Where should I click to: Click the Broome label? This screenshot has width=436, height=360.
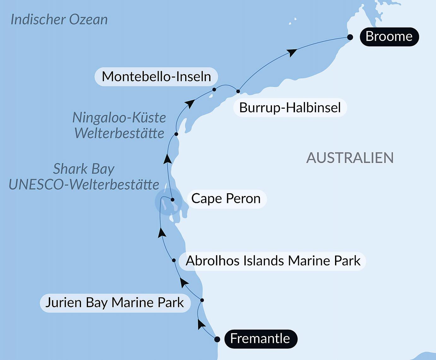click(x=389, y=37)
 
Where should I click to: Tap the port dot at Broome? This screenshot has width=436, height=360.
click(x=350, y=37)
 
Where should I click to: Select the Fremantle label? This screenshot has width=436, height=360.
click(x=260, y=339)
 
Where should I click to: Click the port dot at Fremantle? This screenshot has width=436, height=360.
click(x=217, y=339)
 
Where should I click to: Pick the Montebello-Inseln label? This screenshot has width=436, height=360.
click(x=156, y=77)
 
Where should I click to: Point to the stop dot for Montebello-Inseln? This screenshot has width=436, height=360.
click(x=214, y=90)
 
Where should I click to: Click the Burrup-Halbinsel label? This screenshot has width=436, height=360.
click(x=290, y=108)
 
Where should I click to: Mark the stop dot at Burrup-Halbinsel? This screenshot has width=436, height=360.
click(x=238, y=92)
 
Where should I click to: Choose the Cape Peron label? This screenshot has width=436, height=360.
click(x=226, y=199)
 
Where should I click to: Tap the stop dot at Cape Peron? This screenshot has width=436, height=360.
click(x=173, y=200)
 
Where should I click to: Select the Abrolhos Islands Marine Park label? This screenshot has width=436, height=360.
click(x=273, y=261)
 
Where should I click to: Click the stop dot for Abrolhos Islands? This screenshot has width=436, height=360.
click(x=174, y=261)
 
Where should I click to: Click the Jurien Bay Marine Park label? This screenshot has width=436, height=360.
click(x=115, y=303)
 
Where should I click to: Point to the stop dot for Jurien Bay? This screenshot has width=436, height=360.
click(x=202, y=300)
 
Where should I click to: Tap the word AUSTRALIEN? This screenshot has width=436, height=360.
click(x=350, y=158)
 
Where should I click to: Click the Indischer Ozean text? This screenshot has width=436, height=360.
click(x=59, y=20)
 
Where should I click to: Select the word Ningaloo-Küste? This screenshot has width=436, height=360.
click(x=119, y=118)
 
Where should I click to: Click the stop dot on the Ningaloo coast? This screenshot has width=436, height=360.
click(x=176, y=134)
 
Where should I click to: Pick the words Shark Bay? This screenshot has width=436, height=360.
click(x=84, y=169)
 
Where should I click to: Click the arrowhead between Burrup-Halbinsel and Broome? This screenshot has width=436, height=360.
click(x=292, y=52)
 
